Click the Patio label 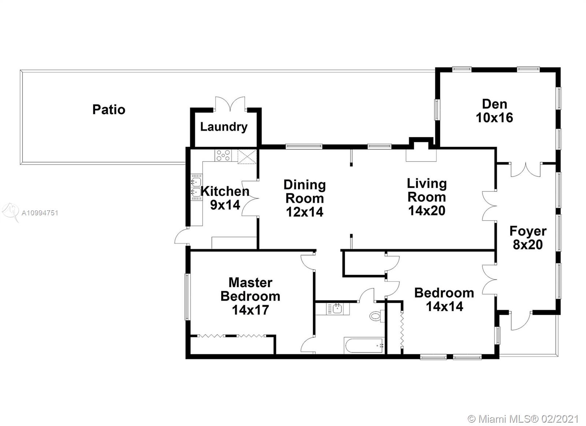coord(109,110)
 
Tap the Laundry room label coord(224,127)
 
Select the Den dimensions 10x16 coord(494,118)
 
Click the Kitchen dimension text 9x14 coord(225,205)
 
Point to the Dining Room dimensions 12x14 coord(305,212)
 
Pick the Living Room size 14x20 coord(427,211)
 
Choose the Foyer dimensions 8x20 coord(528,245)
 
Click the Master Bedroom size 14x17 coord(251,310)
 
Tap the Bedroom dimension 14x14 coord(445,307)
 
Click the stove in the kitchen coord(223,155)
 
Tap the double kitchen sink coord(196,187)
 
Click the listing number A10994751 coord(40,213)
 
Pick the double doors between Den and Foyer coord(526,170)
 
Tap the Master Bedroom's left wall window coord(187,297)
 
